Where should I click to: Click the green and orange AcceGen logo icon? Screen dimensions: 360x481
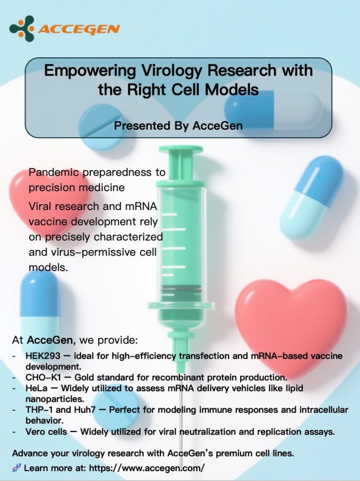[22, 28]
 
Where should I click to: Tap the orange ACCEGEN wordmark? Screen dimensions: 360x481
[78, 30]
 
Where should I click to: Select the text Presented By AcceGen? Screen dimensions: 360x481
[178, 126]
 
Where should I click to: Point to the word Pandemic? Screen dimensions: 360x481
[54, 172]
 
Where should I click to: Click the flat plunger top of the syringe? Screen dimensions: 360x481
[181, 150]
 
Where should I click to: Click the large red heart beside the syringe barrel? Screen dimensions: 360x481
[291, 325]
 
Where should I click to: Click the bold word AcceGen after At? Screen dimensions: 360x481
[50, 340]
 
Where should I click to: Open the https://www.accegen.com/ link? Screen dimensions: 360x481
[147, 468]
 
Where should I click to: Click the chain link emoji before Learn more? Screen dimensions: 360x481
[16, 468]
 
